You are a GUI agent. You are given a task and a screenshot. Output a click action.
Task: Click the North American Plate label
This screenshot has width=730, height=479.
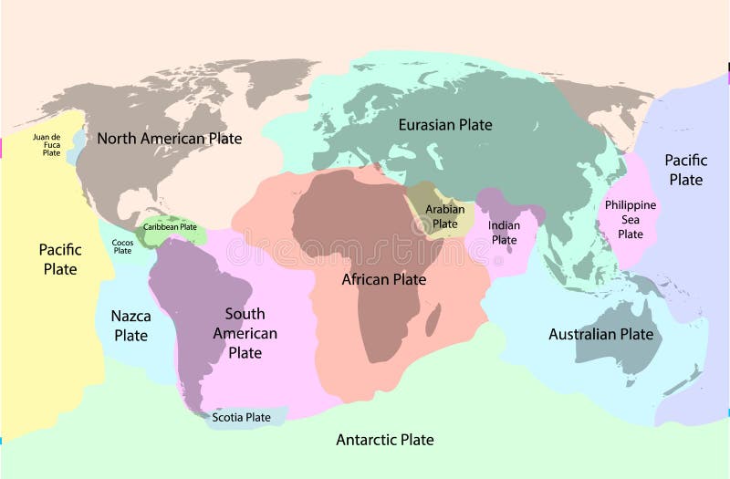pos(169,139)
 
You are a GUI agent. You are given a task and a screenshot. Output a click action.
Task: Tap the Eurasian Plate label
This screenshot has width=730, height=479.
pos(445,124)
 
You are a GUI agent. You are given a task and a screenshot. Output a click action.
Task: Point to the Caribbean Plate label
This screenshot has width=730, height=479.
pos(170,227)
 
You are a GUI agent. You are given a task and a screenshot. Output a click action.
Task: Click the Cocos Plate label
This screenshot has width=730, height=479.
pos(122,246)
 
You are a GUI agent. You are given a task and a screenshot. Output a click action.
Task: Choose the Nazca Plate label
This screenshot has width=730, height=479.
pos(130,326)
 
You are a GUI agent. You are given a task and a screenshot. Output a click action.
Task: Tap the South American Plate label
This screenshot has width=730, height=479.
pos(245,333)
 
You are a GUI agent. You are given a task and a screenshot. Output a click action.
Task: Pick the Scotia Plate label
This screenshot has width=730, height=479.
pos(241,418)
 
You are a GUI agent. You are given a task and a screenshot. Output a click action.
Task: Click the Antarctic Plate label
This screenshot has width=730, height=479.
pos(385,440)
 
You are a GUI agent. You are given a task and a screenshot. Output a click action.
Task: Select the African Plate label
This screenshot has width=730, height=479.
pos(383,279)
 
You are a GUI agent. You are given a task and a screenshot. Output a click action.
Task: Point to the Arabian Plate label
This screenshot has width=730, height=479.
pos(444,216)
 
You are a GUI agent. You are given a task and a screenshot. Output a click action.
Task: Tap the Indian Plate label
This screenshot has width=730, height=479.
pos(504,233)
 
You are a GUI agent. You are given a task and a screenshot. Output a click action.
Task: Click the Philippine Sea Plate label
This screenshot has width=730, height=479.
pos(631,219)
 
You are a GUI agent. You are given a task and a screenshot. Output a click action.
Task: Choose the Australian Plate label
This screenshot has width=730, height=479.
pos(601,334)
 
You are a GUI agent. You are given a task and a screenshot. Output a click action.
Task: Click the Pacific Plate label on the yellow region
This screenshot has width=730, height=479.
pos(60,259)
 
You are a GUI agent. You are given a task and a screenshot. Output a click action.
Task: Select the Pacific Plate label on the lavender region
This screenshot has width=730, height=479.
pos(685,169)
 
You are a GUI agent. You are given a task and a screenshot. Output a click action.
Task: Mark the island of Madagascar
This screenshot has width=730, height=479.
pos(433,319)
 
